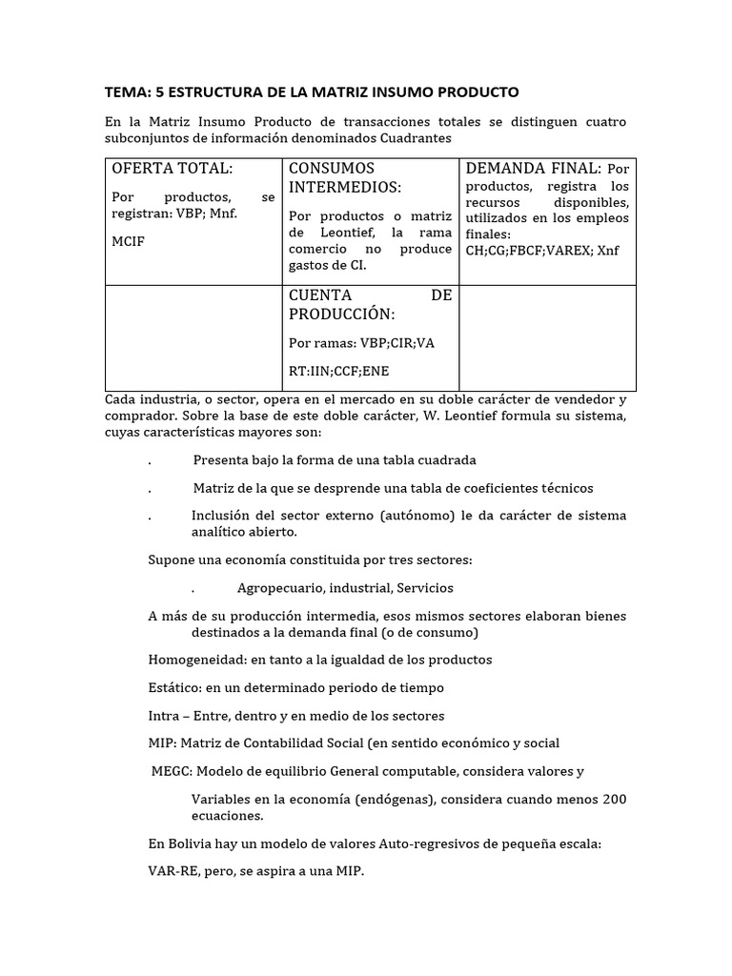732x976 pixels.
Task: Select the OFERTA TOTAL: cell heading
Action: pos(173,168)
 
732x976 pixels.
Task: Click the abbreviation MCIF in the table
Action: pos(129,242)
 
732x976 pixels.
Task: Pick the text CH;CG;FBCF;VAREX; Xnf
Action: pos(541,251)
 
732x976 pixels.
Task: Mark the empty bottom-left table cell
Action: pos(193,337)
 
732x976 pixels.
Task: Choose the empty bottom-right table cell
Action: pos(547,337)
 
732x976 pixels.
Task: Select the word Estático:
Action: pos(178,687)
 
